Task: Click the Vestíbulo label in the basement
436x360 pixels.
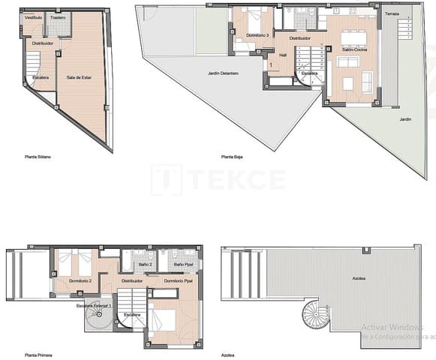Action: point(33,16)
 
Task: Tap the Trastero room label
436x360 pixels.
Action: point(58,16)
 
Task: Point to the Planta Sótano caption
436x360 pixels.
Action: point(38,157)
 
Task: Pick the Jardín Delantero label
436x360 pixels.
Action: point(223,73)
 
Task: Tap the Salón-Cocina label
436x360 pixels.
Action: point(353,48)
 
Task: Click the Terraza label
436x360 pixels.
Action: point(392,14)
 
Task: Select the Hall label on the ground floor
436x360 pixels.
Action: point(283,55)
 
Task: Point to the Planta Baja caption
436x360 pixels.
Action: point(233,157)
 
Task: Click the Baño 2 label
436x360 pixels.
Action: point(146,265)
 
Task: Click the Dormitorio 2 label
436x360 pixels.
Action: point(80,280)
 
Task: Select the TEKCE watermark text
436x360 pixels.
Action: point(218,179)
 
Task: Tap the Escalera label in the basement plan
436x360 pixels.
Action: point(40,77)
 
